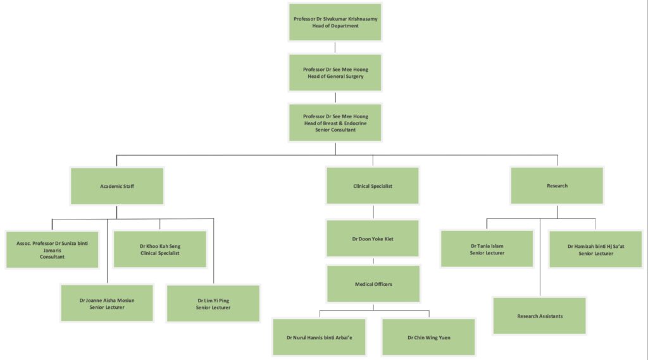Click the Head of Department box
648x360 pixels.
pos(335,22)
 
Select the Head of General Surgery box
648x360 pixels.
pos(335,73)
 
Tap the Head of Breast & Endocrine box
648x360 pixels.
pos(335,123)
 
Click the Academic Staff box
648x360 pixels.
pos(117,186)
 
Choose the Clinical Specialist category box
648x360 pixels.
pos(373,186)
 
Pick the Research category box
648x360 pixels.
pos(557,186)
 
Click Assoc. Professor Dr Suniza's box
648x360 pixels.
pos(52,249)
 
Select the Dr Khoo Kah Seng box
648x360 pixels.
pos(159,249)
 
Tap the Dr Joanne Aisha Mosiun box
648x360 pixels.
pos(106,303)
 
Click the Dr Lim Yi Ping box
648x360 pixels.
pos(213,303)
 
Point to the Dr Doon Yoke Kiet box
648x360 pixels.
pos(373,239)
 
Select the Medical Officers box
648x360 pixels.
pos(373,284)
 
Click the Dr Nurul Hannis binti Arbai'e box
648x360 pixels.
pos(320,337)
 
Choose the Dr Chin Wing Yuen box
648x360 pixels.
pos(428,337)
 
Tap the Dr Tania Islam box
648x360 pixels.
pos(487,249)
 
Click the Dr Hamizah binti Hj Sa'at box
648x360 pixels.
pos(595,249)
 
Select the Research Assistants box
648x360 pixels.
pos(540,316)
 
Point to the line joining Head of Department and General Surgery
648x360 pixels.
pos(335,47)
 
